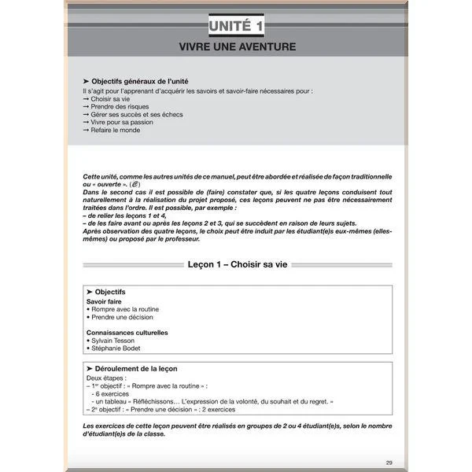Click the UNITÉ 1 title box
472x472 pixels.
pos(236,27)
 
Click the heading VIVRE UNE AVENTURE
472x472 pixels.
pos(236,47)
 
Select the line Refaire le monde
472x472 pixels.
pos(115,130)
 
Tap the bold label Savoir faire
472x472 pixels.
pos(104,301)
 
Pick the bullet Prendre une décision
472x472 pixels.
pos(122,317)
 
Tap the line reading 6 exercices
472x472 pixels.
pos(112,393)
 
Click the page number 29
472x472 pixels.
pos(389,462)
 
